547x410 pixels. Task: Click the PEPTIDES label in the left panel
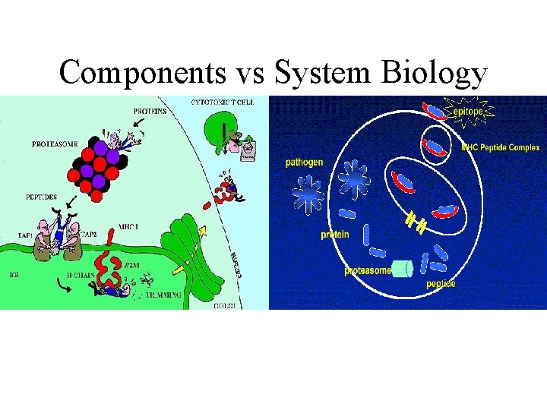40,197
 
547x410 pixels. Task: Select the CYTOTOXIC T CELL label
222,102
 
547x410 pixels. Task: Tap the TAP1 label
25,236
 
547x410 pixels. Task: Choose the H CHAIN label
80,274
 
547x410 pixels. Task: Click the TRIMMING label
163,295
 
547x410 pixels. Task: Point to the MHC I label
128,226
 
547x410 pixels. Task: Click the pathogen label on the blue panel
305,162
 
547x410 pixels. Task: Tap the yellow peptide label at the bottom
441,284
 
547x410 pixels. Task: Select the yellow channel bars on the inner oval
415,221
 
